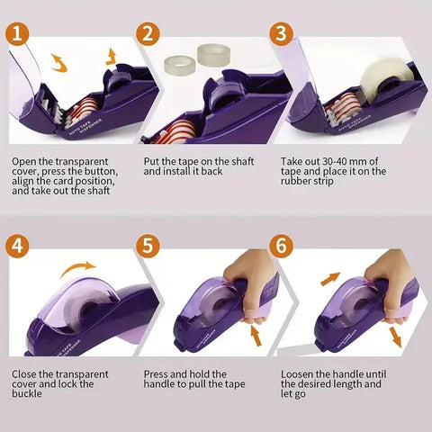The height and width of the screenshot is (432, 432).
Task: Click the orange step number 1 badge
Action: point(16,35)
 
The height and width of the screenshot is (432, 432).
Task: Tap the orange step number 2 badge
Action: point(149,35)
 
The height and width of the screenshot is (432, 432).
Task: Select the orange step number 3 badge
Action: point(283,35)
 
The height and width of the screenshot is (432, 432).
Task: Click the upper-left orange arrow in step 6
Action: point(330,280)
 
